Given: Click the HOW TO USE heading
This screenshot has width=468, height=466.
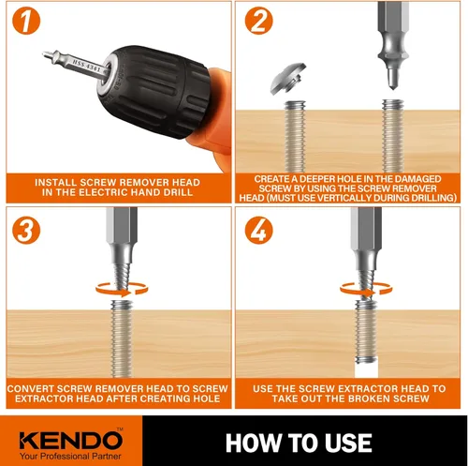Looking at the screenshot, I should click(x=299, y=443).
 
